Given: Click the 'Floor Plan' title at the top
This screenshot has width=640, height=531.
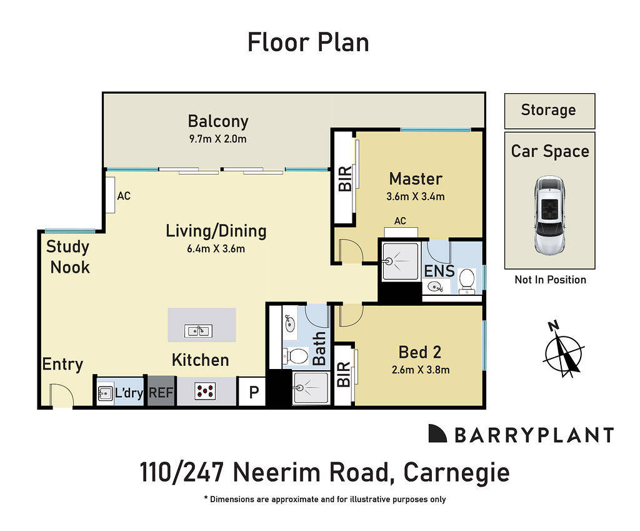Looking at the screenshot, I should click(x=308, y=43).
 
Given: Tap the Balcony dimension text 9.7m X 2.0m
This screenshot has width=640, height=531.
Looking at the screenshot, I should click(x=217, y=139).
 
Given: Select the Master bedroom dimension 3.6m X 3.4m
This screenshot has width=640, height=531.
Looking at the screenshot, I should click(x=416, y=196).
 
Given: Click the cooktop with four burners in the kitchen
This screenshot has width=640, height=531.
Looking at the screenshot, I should click(x=206, y=392).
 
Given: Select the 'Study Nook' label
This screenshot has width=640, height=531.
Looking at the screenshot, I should click(x=68, y=257).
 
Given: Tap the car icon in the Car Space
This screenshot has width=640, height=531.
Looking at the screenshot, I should click(x=549, y=214).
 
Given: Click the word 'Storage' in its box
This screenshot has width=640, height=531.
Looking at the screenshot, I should click(x=548, y=110).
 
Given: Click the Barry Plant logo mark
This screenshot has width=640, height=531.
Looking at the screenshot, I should click(x=437, y=433).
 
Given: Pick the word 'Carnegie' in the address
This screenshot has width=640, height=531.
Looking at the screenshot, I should click(x=456, y=472).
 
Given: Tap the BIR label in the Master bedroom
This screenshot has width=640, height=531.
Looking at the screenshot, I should click(x=344, y=179).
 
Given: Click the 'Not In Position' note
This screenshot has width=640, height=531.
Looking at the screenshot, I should click(x=550, y=280).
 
